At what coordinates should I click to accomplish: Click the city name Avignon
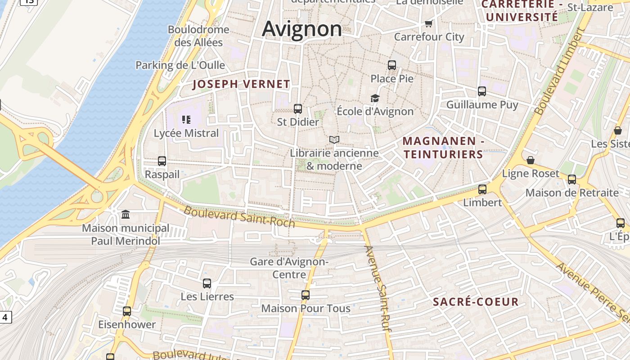(302, 29)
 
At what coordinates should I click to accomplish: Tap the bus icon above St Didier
(298, 109)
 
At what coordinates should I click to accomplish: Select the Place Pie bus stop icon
(392, 65)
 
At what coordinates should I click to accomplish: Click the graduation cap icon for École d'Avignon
(375, 98)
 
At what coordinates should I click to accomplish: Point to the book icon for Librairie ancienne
(334, 140)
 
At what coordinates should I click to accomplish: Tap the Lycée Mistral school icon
(186, 120)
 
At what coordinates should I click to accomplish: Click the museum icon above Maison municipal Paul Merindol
(126, 215)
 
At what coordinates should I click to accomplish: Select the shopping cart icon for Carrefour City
(429, 23)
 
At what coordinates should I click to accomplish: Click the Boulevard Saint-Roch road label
(239, 216)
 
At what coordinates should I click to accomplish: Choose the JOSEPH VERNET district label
(241, 84)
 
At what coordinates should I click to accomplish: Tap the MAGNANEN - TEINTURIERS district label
(443, 148)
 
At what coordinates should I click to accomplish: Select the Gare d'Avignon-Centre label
(289, 268)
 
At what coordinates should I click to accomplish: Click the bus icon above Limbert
(482, 189)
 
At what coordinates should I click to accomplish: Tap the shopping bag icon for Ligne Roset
(531, 160)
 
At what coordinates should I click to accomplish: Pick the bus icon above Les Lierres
(207, 283)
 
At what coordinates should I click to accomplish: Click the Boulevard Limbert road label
(559, 72)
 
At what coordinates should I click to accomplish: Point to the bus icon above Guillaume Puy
(482, 92)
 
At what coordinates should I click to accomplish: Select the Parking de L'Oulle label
(180, 65)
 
